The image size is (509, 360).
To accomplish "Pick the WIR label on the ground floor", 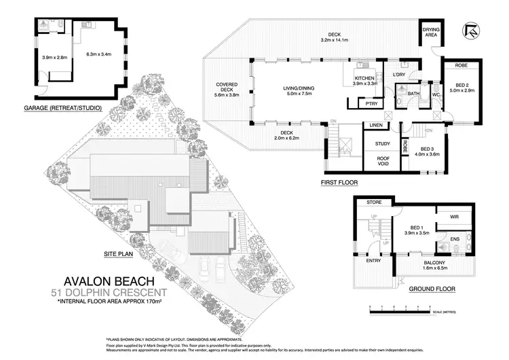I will [453, 218].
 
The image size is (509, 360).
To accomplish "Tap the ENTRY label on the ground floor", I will [373, 260].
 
